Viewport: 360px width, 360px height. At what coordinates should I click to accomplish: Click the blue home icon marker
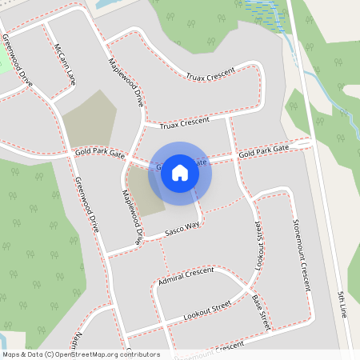pyautogui.click(x=180, y=172)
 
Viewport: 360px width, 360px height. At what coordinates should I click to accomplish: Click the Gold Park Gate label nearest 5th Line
pyautogui.click(x=263, y=150)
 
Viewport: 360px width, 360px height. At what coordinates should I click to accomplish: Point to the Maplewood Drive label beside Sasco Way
pyautogui.click(x=131, y=216)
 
